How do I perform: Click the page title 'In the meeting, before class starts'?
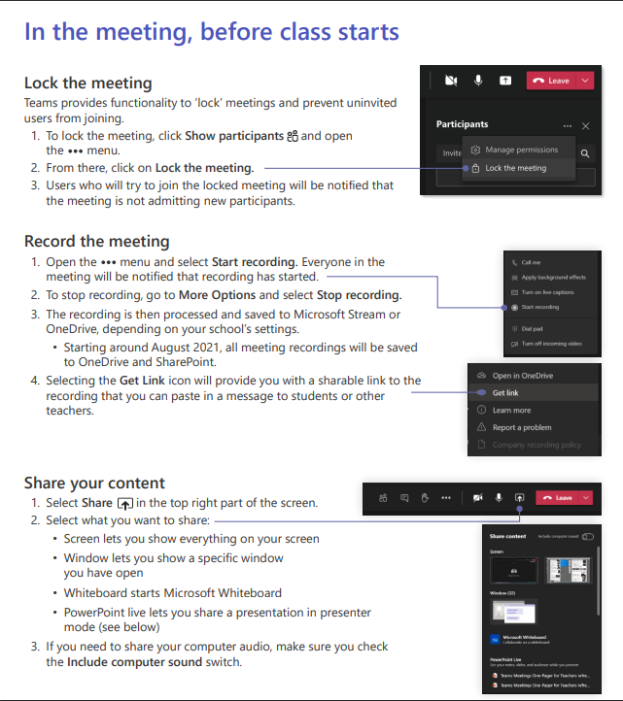click(211, 31)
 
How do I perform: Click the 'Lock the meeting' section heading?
click(87, 83)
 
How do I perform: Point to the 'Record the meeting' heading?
click(96, 241)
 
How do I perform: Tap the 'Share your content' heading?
click(94, 483)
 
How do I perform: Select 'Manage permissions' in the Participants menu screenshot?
click(521, 150)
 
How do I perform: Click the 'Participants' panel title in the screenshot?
click(463, 124)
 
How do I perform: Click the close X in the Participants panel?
click(585, 126)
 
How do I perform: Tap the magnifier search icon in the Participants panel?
click(585, 153)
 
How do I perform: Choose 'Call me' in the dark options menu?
click(532, 262)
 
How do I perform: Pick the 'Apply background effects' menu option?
click(553, 278)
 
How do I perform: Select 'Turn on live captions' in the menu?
click(547, 292)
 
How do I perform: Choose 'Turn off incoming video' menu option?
click(551, 344)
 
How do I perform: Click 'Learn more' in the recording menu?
click(511, 410)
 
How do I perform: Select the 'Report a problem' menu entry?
click(521, 427)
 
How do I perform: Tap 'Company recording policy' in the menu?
click(536, 445)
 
